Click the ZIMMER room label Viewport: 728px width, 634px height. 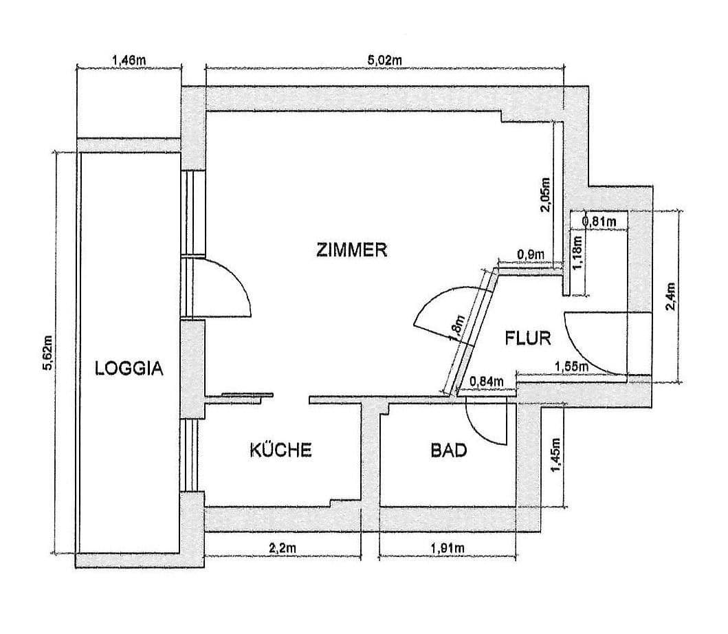[x=352, y=250]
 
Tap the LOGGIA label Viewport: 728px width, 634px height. [x=129, y=368]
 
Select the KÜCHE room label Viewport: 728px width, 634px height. [x=280, y=450]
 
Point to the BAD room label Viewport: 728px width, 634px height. [x=449, y=451]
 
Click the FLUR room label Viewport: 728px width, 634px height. [x=529, y=338]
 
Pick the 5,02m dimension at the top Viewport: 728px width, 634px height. [x=384, y=60]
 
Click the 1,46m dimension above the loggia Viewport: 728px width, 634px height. [x=129, y=60]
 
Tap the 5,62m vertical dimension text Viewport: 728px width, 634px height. [x=47, y=353]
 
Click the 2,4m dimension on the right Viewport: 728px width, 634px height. [x=672, y=296]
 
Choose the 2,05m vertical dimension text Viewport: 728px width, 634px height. [x=545, y=195]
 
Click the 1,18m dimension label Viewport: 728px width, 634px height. [x=577, y=253]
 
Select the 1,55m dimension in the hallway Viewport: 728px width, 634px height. [x=570, y=367]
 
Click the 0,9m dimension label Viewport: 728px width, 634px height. [x=530, y=254]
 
